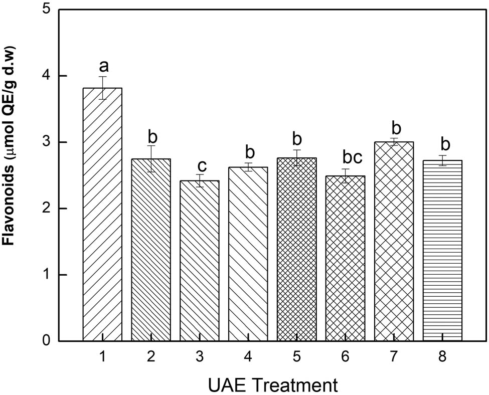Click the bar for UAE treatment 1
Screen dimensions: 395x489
[x=102, y=216]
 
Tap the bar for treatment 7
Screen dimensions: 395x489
[x=394, y=241]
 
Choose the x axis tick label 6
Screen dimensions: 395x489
[x=346, y=357]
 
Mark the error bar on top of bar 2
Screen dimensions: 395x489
[x=151, y=159]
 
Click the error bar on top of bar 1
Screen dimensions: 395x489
[x=102, y=88]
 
